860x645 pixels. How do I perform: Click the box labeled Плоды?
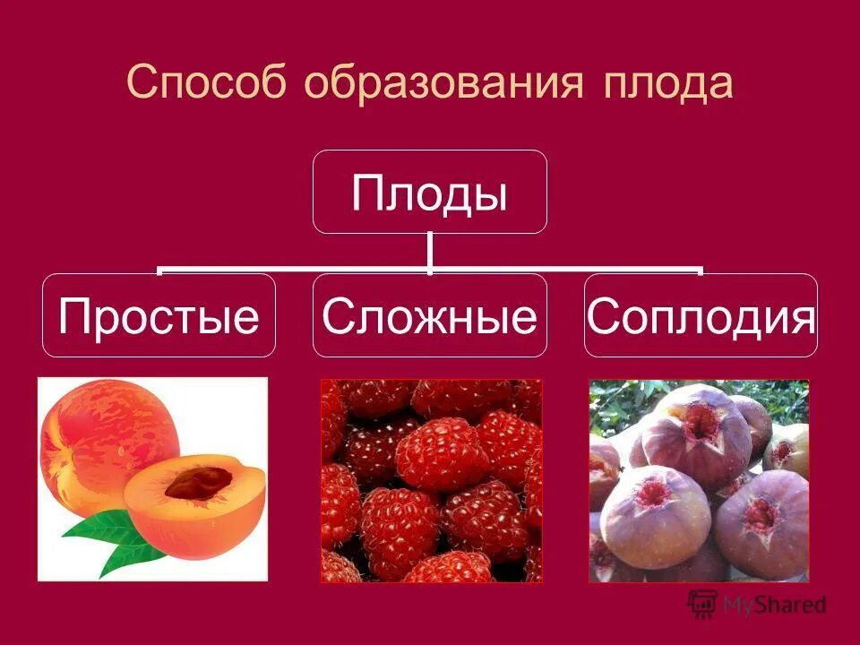pos(429,192)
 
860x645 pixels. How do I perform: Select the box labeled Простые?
pos(159,315)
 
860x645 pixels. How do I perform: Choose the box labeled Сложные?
pos(429,315)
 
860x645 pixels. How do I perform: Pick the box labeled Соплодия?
pos(701,315)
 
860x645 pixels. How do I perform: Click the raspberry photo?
pos(431,480)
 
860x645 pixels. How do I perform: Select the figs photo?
pos(699,480)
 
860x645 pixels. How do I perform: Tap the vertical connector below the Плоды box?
pos(430,251)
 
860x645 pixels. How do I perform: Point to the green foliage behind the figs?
pos(627,399)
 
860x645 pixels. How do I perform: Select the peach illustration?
pos(152,478)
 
